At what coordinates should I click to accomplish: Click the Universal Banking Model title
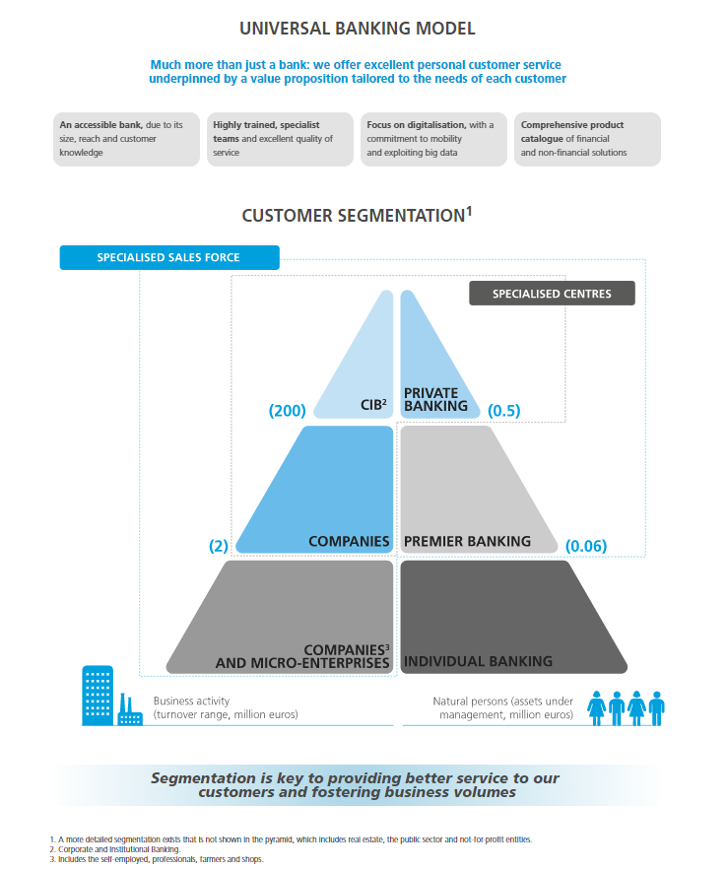pos(358,29)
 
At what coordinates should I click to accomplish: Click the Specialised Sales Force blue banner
pos(169,257)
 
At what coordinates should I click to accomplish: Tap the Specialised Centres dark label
pos(552,294)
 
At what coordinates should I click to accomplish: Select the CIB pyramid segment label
pos(373,405)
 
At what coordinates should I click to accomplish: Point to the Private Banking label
pos(435,399)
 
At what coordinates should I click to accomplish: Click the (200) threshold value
pos(287,411)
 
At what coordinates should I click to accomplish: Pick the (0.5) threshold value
pos(503,411)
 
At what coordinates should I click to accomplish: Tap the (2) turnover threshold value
pos(218,546)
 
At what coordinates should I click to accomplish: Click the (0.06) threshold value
pos(586,546)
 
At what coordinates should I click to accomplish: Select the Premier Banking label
pos(467,542)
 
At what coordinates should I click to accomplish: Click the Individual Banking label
pos(478,661)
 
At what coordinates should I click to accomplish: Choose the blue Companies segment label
pos(349,542)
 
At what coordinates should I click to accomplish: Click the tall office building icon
pos(98,696)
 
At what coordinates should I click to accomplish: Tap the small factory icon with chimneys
pos(130,709)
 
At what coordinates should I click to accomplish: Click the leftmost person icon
pos(597,708)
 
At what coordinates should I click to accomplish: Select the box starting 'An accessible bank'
pos(126,139)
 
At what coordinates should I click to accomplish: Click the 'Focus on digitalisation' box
pos(433,139)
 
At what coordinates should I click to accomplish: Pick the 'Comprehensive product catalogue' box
pos(587,139)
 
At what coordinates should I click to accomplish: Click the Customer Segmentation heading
pos(357,215)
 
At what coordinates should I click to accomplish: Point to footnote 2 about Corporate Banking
pos(115,849)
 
